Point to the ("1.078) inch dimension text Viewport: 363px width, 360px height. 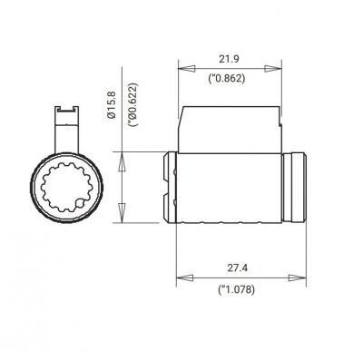[237, 291]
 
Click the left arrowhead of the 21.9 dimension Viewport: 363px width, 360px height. [181, 67]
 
